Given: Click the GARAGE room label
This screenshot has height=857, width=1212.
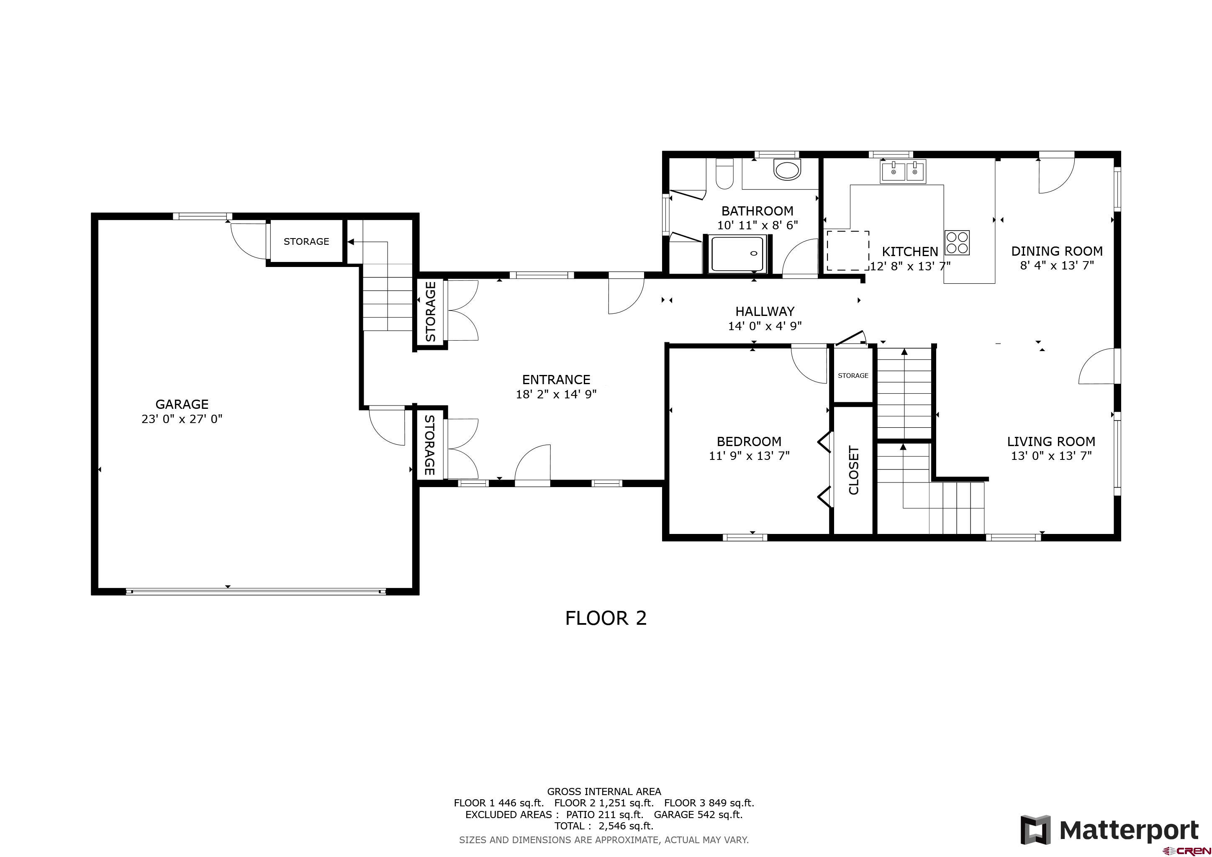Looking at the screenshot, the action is click(182, 404).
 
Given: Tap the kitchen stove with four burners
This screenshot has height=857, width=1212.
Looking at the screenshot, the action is click(957, 243).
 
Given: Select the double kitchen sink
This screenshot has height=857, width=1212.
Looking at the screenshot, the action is click(903, 171).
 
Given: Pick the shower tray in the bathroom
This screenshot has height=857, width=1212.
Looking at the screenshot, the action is click(737, 254).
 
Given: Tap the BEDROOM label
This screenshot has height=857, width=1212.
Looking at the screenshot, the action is click(749, 441).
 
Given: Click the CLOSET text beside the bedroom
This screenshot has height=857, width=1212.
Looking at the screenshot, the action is click(854, 470).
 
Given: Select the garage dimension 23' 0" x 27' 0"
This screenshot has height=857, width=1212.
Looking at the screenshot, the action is click(182, 419).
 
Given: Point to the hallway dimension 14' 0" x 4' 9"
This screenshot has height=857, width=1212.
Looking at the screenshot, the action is click(765, 326).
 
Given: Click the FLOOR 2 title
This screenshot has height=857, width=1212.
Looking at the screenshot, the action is click(606, 618).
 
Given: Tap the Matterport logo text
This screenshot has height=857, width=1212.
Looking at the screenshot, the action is click(1129, 830).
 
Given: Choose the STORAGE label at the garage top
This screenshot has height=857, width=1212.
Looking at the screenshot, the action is click(306, 241).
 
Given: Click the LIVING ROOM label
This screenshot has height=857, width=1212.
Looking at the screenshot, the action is click(1051, 441).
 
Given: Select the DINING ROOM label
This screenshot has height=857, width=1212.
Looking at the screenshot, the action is click(1057, 251).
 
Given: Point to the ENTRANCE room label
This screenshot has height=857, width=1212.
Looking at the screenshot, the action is click(556, 380).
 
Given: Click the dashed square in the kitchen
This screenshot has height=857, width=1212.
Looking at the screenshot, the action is click(848, 251).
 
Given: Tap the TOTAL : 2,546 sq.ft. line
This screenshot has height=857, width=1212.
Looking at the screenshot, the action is click(604, 826).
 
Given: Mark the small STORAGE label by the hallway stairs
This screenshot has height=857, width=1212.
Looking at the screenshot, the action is click(853, 376).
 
